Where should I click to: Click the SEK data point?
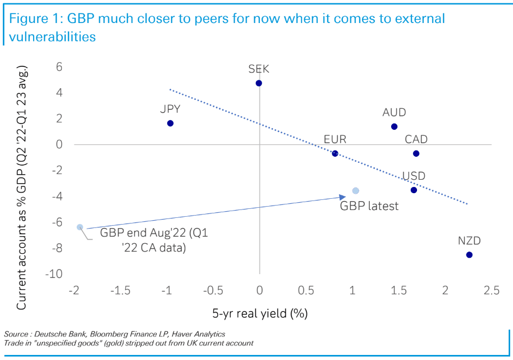tap(259, 83)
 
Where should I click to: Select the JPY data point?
tap(170, 123)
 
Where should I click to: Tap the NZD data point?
tap(469, 254)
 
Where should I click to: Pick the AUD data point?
tap(394, 127)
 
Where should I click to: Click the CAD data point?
tap(416, 153)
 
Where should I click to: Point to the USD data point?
tap(414, 190)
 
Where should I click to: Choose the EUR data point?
tap(335, 153)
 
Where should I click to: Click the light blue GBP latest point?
tap(355, 191)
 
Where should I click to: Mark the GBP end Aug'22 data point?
tap(80, 227)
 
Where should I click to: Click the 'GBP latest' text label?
tap(369, 206)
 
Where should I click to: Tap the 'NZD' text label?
tap(469, 241)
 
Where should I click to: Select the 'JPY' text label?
tap(171, 109)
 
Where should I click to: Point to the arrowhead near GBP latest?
tap(343, 196)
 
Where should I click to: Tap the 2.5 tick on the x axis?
tap(491, 290)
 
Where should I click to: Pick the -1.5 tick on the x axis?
tap(120, 290)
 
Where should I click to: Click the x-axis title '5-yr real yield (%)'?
tap(260, 312)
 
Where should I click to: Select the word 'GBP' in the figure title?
tap(83, 19)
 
